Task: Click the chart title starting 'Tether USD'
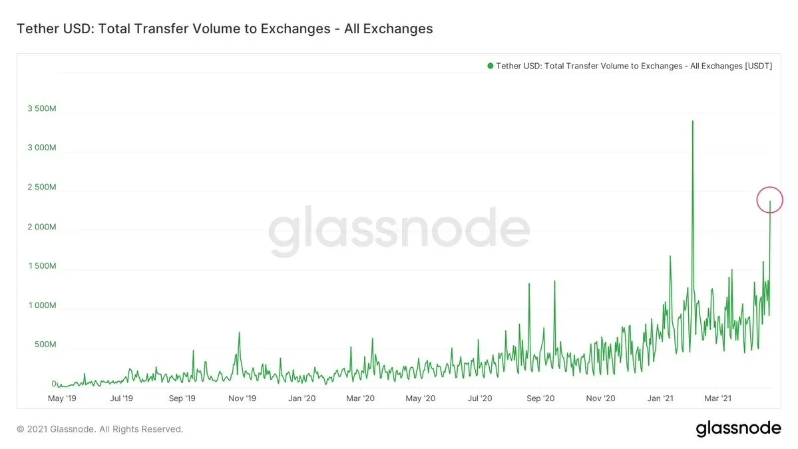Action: [x=224, y=29]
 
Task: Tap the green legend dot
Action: [x=491, y=66]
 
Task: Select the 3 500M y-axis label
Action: [x=41, y=108]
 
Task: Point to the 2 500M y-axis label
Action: [x=41, y=188]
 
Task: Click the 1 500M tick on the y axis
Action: [x=41, y=266]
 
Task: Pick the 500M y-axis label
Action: [x=45, y=345]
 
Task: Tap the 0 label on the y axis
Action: [x=53, y=384]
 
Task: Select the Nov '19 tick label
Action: [x=242, y=398]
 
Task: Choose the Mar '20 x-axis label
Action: [x=361, y=398]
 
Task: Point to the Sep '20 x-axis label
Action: [x=540, y=398]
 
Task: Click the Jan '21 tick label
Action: [x=660, y=398]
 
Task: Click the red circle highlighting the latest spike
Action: [x=770, y=200]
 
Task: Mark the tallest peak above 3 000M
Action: [x=693, y=122]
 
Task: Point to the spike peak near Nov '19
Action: [x=239, y=333]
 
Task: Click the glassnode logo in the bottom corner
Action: [x=738, y=428]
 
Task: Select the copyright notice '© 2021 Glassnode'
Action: [x=100, y=429]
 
